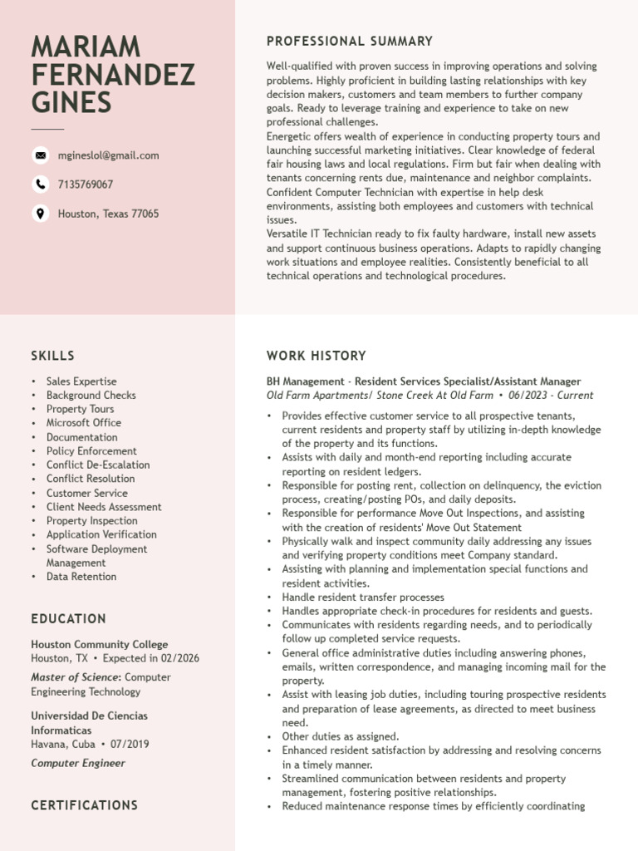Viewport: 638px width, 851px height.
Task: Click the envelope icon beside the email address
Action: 40,155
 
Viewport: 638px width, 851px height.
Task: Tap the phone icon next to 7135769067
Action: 40,184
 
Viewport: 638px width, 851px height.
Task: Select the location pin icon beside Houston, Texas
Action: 40,214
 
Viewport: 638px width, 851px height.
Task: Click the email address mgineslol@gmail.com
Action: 108,155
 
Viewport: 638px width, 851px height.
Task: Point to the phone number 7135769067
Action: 86,184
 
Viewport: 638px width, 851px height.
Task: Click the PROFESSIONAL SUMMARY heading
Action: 349,41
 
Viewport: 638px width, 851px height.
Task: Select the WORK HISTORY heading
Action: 316,356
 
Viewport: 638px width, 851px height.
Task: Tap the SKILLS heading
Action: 52,356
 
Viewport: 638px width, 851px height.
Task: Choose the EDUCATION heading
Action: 68,619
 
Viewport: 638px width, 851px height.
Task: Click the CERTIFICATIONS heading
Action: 84,805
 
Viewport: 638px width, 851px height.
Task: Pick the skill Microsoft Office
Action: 83,423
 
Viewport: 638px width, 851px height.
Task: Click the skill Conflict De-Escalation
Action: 98,465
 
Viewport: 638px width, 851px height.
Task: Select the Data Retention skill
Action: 81,577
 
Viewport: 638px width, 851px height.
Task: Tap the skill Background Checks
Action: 91,395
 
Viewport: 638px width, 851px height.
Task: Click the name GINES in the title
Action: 71,102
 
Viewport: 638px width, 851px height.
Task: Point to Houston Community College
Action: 99,644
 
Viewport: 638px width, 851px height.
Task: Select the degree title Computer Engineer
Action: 78,763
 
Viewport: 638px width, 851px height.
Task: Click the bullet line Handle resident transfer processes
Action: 363,597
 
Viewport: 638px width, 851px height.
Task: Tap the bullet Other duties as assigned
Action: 340,736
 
